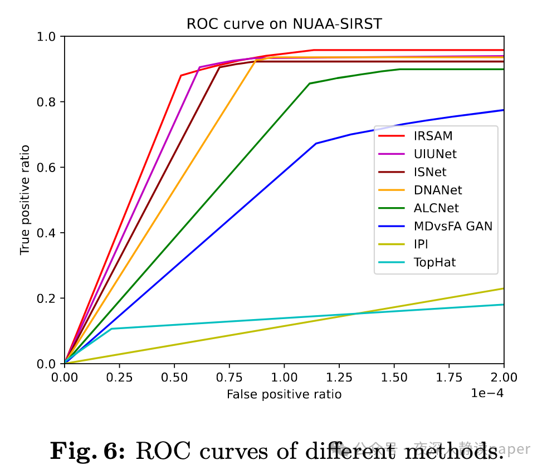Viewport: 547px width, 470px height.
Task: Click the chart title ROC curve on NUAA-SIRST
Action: pyautogui.click(x=284, y=25)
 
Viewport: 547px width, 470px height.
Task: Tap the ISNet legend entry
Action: pyautogui.click(x=429, y=172)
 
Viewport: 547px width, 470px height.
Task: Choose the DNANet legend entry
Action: pyautogui.click(x=438, y=190)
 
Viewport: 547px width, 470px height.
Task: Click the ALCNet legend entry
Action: pyautogui.click(x=436, y=208)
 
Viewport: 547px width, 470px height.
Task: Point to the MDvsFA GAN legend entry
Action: pyautogui.click(x=453, y=227)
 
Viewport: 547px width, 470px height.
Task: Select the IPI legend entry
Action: pyautogui.click(x=421, y=244)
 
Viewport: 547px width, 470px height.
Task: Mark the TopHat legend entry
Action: pyautogui.click(x=434, y=262)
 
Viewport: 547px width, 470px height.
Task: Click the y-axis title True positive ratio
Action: pyautogui.click(x=25, y=199)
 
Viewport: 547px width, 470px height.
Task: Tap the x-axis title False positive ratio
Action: pyautogui.click(x=284, y=394)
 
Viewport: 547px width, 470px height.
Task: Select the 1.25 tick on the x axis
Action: pyautogui.click(x=339, y=378)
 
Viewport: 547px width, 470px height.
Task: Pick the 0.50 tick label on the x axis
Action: pyautogui.click(x=174, y=378)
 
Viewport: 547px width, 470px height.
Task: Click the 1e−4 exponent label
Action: pyautogui.click(x=487, y=393)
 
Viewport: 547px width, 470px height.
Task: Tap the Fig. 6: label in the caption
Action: pyautogui.click(x=88, y=451)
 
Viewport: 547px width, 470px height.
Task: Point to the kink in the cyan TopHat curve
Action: pyautogui.click(x=112, y=329)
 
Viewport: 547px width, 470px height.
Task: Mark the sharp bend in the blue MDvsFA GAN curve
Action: pyautogui.click(x=316, y=144)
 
